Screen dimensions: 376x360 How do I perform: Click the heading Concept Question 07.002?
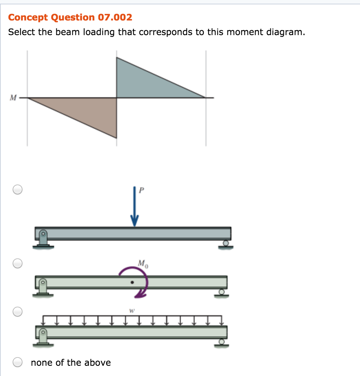coord(70,17)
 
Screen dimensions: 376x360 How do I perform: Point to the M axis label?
coord(13,98)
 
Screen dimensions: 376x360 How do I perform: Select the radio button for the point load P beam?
coord(18,189)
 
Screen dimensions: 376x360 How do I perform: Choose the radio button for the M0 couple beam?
coord(18,263)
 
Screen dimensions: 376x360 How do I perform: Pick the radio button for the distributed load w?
coord(18,312)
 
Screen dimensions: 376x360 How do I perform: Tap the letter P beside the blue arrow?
coord(142,190)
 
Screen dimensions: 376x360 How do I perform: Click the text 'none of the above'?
coord(71,362)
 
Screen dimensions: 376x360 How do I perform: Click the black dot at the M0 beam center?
coord(132,282)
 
